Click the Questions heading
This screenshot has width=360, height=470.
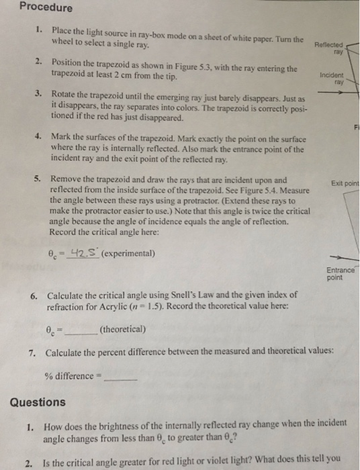pyautogui.click(x=38, y=402)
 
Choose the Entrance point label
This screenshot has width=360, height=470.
pyautogui.click(x=340, y=273)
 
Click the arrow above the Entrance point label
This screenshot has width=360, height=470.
pyautogui.click(x=339, y=256)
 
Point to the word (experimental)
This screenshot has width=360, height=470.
pyautogui.click(x=129, y=254)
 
